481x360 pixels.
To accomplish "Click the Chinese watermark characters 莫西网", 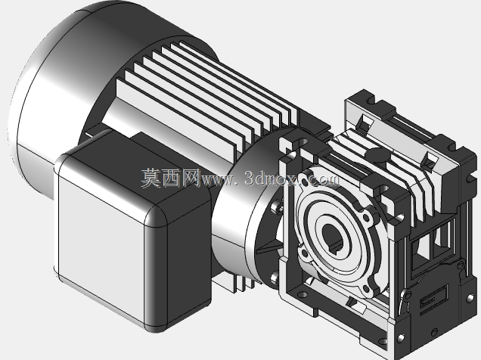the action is pyautogui.click(x=170, y=178).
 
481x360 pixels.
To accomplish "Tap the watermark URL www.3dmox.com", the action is pyautogui.click(x=271, y=178).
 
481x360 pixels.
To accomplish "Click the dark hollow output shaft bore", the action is pyautogui.click(x=331, y=237).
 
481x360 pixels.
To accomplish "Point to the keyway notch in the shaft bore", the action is pyautogui.click(x=338, y=247).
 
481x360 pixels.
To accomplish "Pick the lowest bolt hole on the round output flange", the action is pyautogui.click(x=365, y=289).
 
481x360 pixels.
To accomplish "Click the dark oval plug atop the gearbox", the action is pyautogui.click(x=377, y=154).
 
